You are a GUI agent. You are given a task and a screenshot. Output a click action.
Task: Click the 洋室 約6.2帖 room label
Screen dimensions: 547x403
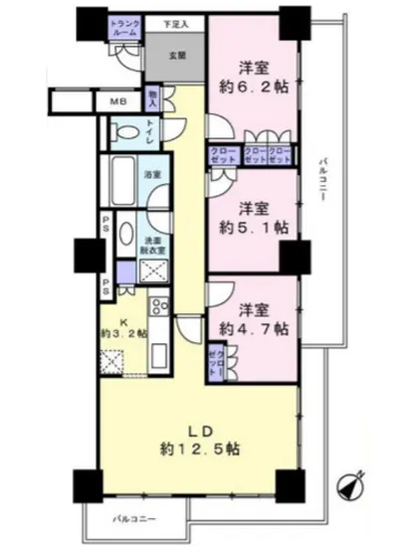coord(254,78)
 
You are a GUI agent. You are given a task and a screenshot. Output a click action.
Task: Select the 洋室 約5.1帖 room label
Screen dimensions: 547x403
coord(254,218)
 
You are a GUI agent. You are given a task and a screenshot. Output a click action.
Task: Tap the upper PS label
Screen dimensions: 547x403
coord(103,225)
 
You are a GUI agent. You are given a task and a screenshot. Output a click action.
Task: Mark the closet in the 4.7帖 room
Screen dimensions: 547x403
coord(215,360)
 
